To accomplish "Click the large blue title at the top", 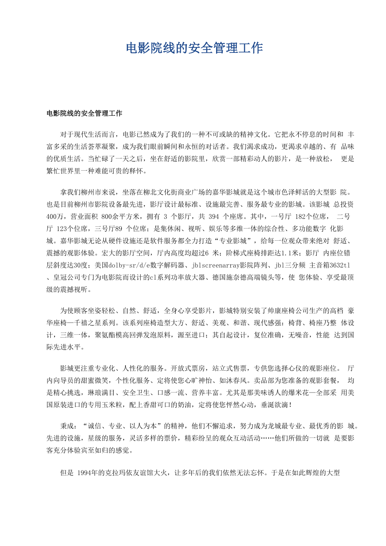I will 194,48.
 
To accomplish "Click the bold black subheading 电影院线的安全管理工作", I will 84,113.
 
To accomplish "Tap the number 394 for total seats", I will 214,216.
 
